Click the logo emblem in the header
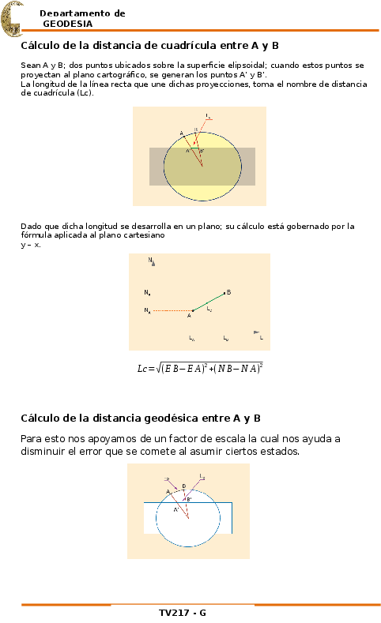[11, 19]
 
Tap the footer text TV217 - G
[183, 613]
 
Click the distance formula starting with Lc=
[200, 368]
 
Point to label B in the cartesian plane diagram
[228, 292]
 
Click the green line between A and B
[209, 302]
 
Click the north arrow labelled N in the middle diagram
[150, 260]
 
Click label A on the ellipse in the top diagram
[181, 133]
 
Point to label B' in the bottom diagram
[188, 499]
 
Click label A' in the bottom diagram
[177, 509]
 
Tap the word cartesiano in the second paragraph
[143, 235]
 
